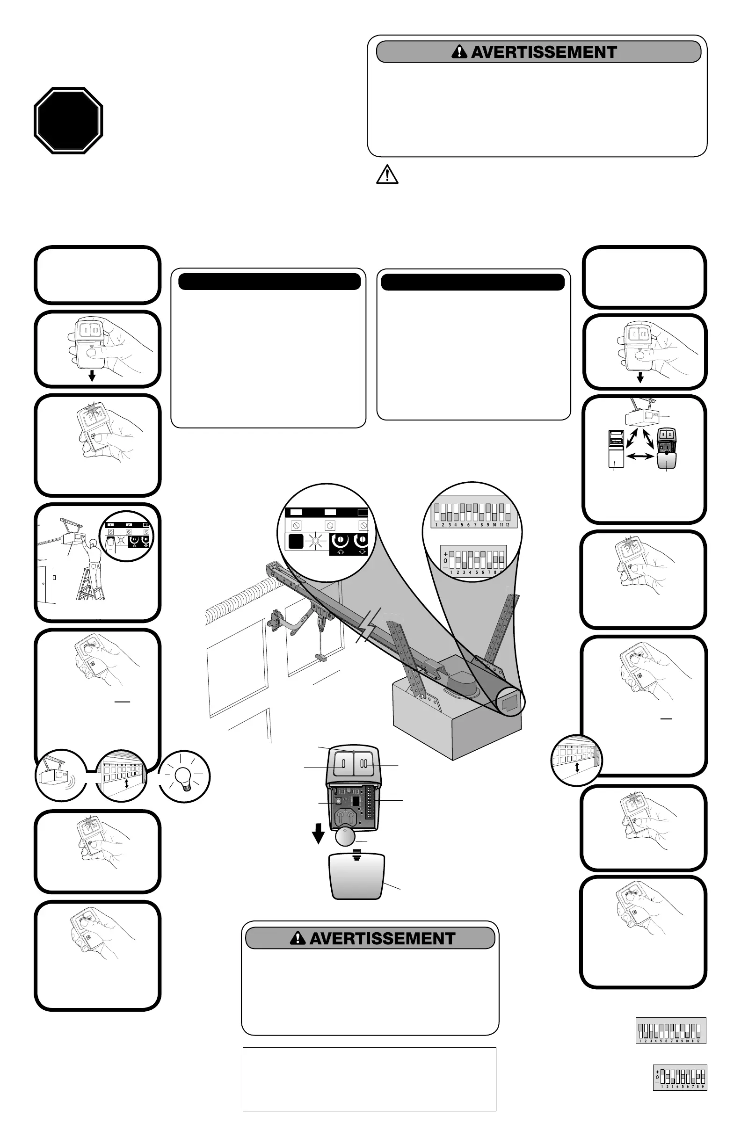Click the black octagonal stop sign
click(68, 120)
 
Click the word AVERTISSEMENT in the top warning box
click(544, 52)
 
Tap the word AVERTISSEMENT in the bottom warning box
click(382, 939)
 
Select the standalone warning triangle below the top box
click(387, 174)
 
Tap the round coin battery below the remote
click(344, 838)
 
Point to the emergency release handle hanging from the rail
click(320, 657)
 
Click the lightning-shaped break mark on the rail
click(368, 625)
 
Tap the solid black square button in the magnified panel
click(295, 541)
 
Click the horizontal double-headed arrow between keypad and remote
click(640, 457)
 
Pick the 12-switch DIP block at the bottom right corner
click(670, 1030)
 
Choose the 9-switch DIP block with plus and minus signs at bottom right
click(680, 1077)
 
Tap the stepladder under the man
click(90, 585)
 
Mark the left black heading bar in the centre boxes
click(269, 282)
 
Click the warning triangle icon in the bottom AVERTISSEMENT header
click(298, 938)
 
